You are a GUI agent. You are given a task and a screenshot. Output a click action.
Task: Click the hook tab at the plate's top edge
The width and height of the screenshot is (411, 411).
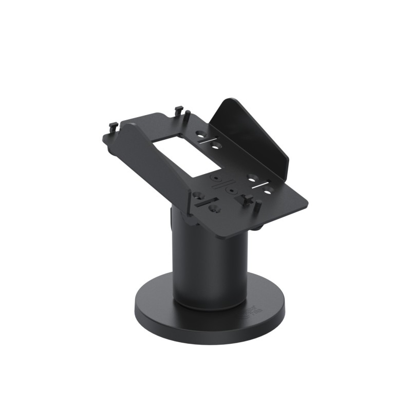(179, 109)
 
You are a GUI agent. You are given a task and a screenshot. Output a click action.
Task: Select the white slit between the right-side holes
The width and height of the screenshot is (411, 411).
(260, 184)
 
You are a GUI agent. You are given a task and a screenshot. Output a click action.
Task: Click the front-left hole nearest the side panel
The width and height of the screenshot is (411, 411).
(197, 195)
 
